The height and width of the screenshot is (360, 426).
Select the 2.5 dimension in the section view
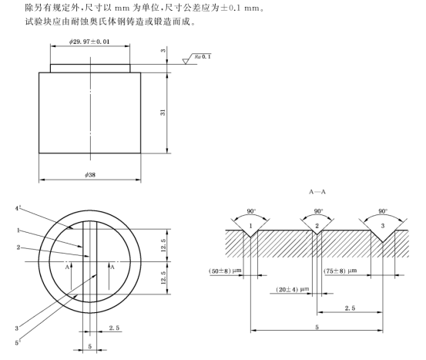click(349, 308)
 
